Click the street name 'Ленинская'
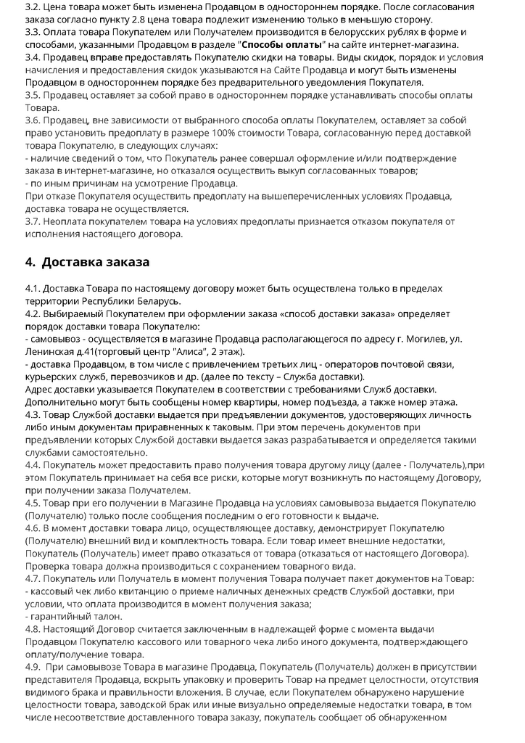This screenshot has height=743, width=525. coord(50,352)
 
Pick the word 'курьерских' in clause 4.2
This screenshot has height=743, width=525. coord(54,377)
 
